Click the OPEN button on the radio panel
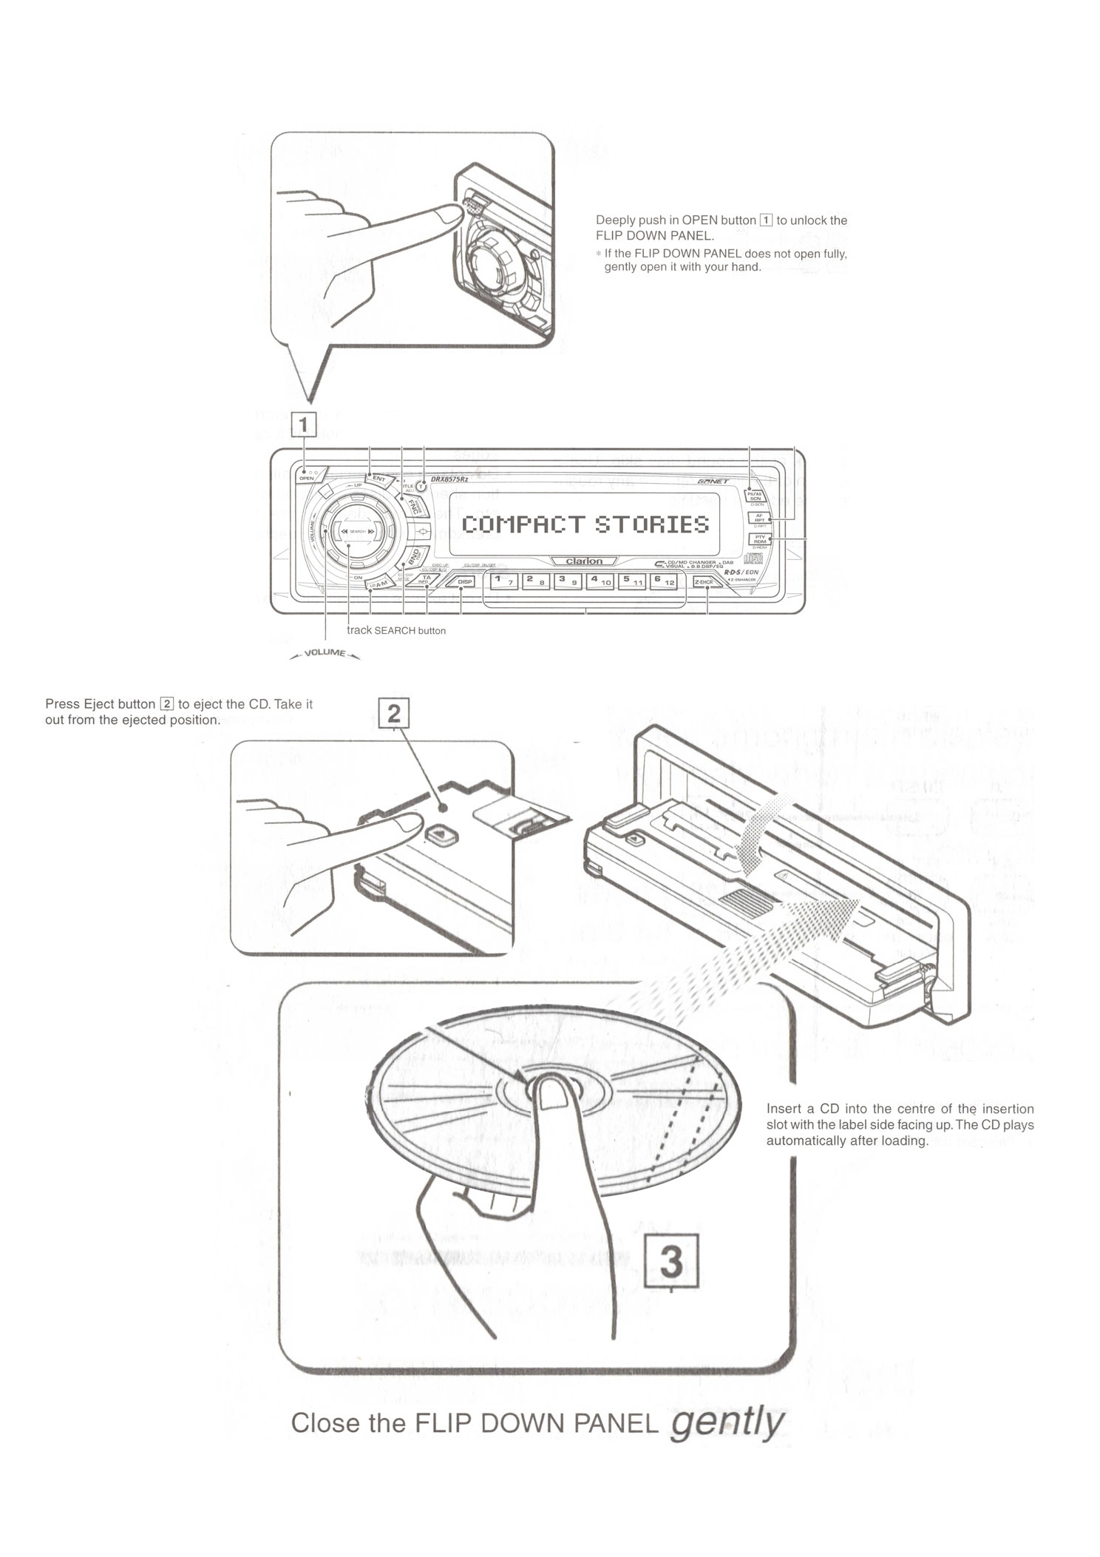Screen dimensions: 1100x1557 coord(306,478)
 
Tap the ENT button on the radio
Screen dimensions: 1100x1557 coord(378,479)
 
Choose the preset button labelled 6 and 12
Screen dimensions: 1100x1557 coord(663,581)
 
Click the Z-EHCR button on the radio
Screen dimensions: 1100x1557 coord(707,582)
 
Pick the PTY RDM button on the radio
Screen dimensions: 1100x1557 coord(759,538)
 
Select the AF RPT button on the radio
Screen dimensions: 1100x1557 coord(759,518)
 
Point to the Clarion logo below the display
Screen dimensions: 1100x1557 coord(584,561)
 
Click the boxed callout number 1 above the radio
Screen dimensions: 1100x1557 coord(305,425)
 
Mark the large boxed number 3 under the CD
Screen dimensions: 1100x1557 coord(670,1262)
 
